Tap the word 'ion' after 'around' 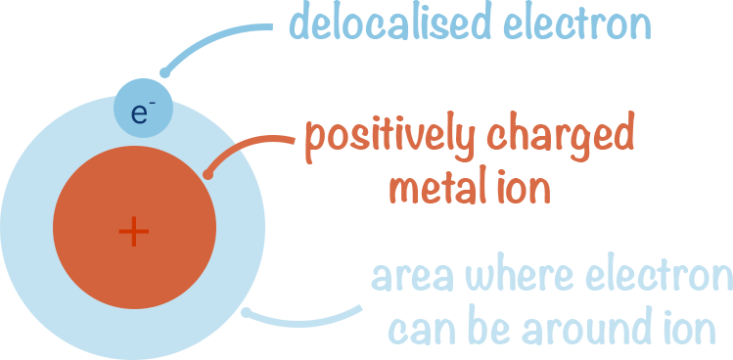[x=691, y=330]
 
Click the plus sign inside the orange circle [x=133, y=232]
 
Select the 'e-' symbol [x=143, y=112]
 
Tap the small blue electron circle [x=144, y=119]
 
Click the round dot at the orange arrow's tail [x=207, y=175]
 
